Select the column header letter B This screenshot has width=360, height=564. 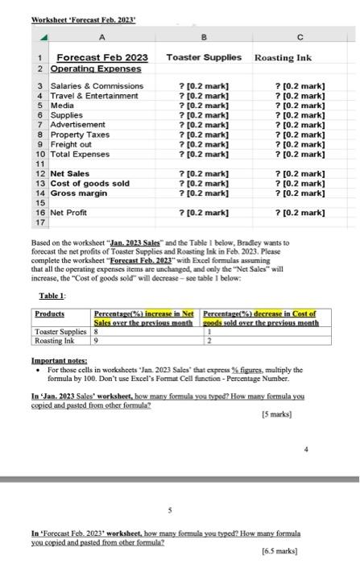pyautogui.click(x=204, y=34)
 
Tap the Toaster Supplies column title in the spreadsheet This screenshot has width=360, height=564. pyautogui.click(x=204, y=58)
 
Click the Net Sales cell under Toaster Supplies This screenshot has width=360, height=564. pyautogui.click(x=204, y=173)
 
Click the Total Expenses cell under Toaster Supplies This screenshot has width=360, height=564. pyautogui.click(x=204, y=154)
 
